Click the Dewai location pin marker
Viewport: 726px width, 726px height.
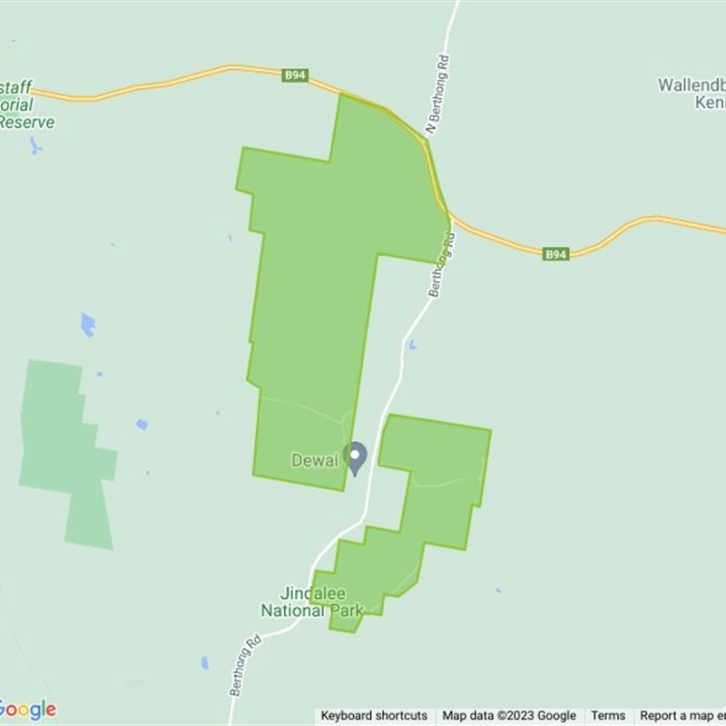(357, 457)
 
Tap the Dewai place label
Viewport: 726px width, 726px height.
(314, 461)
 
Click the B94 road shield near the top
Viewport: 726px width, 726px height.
(294, 76)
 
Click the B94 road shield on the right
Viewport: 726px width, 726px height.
(556, 254)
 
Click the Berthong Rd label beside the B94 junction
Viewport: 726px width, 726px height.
(440, 266)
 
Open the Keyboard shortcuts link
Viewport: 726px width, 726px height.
(374, 716)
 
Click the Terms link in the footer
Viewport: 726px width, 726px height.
(608, 716)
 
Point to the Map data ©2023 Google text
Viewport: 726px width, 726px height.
(509, 716)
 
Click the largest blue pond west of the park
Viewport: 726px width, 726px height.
(88, 324)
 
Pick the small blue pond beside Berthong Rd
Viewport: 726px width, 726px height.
(412, 345)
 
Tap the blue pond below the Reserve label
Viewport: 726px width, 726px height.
(35, 145)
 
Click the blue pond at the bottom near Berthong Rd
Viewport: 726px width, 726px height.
(205, 662)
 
